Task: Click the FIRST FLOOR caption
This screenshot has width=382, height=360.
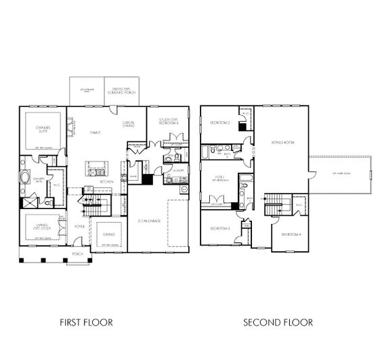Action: point(86,322)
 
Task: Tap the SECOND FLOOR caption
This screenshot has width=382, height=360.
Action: point(278,322)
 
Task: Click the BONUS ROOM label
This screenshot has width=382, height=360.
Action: point(282,143)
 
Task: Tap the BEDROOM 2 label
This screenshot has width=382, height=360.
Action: point(219,122)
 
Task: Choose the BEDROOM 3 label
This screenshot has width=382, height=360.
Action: point(219,228)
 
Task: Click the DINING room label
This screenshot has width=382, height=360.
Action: point(108,235)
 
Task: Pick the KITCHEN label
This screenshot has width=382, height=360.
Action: point(106,181)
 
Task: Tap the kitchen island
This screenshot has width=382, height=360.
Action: point(98,168)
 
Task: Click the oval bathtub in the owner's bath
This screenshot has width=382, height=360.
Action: point(26,179)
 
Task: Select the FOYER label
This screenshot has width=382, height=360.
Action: point(80,226)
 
